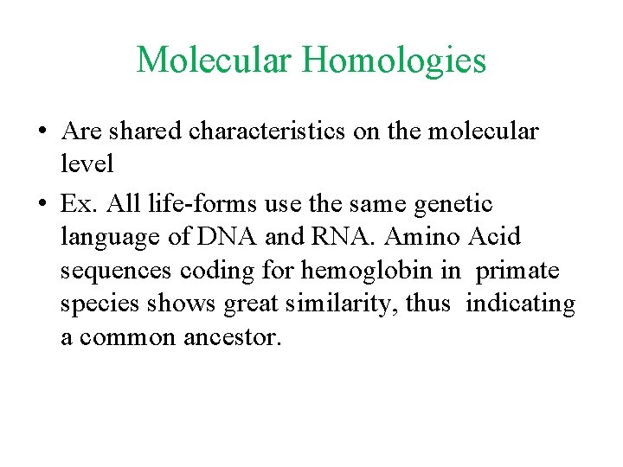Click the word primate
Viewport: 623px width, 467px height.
point(517,271)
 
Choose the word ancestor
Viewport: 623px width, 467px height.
point(233,337)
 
